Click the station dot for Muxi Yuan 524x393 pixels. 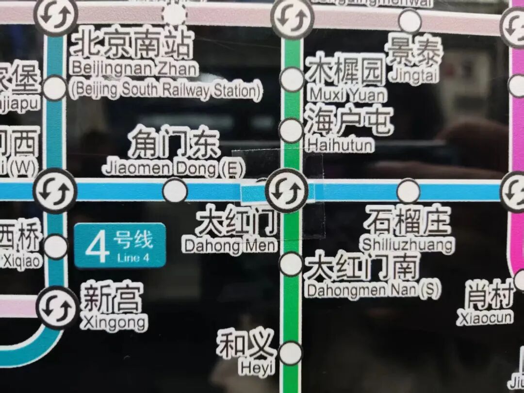point(292,80)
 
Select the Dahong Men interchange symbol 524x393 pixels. point(287,191)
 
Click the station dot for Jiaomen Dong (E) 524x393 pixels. point(175,191)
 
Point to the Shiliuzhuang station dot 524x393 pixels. point(408,191)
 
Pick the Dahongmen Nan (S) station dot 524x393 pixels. point(291,264)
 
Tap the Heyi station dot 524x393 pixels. point(291,353)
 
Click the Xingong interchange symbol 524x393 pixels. point(58,308)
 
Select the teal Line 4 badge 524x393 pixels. point(120,245)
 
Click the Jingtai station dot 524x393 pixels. point(410,21)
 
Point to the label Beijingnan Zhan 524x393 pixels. point(133,68)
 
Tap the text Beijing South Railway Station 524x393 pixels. point(165,91)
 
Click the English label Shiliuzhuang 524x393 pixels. point(408,244)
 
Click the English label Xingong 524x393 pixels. point(114,322)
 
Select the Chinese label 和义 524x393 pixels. point(246,344)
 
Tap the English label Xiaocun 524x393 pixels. point(485,317)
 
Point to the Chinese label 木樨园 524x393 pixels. point(346,69)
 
